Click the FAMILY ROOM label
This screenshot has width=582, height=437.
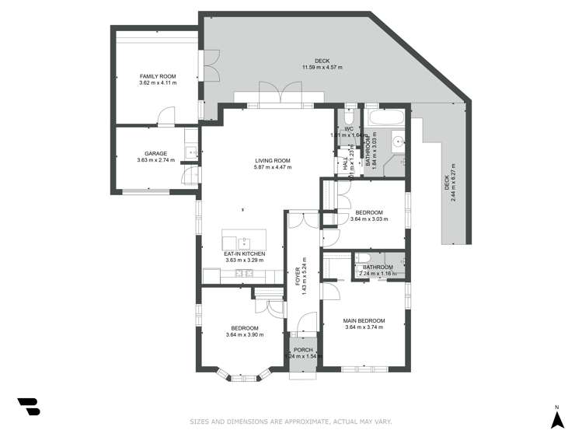[x=157, y=76]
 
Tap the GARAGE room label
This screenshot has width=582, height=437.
[x=155, y=154]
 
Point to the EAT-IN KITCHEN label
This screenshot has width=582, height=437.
[x=244, y=253]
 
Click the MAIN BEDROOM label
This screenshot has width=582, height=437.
[x=364, y=320]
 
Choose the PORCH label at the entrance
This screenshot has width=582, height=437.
[x=302, y=350]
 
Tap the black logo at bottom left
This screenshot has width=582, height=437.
[x=28, y=406]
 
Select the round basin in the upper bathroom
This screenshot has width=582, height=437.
[x=398, y=142]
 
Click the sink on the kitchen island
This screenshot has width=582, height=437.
[x=243, y=241]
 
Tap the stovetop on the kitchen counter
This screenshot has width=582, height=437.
[x=244, y=274]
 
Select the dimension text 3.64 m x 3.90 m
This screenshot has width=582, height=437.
[x=244, y=335]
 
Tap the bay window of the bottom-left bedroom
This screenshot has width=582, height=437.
[x=239, y=377]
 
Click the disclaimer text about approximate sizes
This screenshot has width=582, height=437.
[x=291, y=421]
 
